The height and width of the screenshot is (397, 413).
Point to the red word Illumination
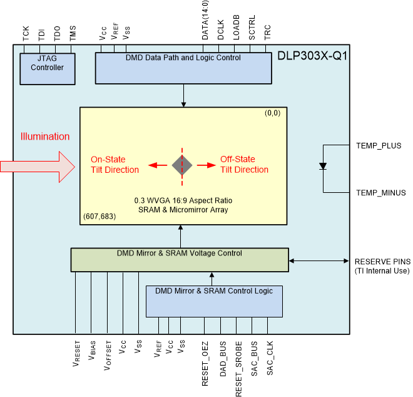[45, 137]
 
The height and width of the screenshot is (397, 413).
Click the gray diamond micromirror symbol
[183, 165]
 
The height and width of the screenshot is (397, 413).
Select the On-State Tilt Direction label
[115, 165]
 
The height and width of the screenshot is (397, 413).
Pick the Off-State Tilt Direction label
[244, 165]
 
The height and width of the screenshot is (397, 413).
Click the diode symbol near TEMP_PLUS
[323, 167]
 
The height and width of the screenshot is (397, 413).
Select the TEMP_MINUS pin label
[380, 193]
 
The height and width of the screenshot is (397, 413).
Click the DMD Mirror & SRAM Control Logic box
[214, 301]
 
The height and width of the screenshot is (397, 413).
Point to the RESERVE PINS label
[382, 261]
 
